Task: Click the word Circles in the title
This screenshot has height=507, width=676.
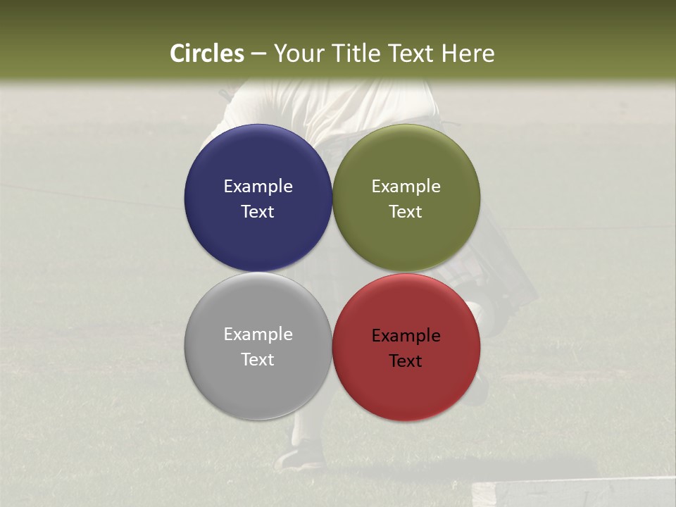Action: (x=206, y=54)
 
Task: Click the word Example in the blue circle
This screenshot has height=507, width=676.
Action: (x=258, y=186)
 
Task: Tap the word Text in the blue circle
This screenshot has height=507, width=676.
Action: (x=258, y=211)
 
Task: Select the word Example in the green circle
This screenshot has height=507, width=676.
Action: (x=406, y=186)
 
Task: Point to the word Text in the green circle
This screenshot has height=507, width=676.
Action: (x=406, y=211)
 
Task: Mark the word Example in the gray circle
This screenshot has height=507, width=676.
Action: (x=258, y=334)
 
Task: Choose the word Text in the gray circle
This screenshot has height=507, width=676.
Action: (x=258, y=359)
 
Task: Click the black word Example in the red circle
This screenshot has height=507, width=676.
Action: (x=406, y=335)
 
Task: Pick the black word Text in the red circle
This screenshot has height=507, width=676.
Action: (x=406, y=361)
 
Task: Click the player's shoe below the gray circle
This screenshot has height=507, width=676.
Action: (x=299, y=457)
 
